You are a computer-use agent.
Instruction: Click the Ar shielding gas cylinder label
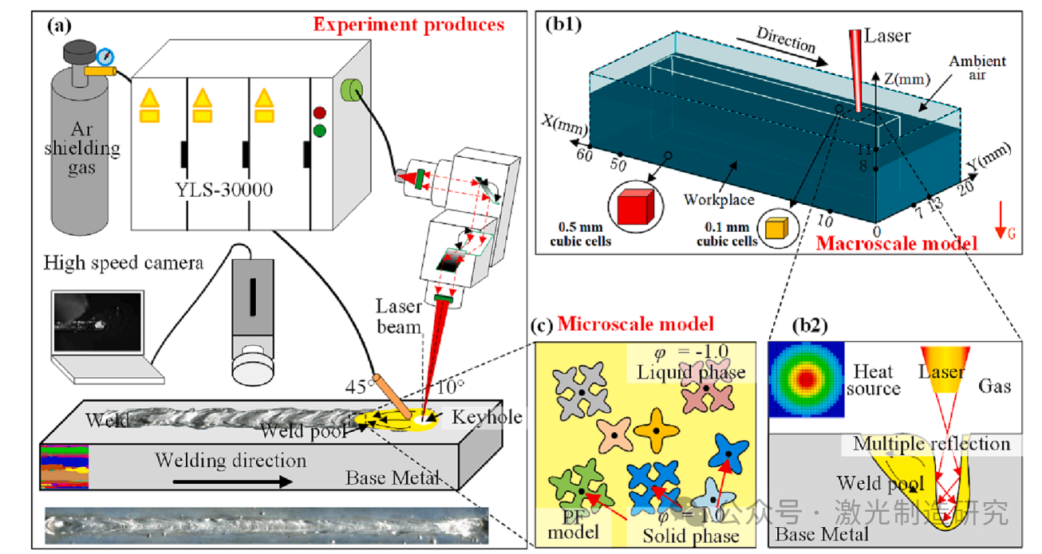[x=82, y=149]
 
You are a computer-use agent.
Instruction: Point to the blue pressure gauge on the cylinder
[x=104, y=57]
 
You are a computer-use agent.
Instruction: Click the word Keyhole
[x=487, y=418]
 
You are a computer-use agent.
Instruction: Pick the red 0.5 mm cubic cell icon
[x=636, y=205]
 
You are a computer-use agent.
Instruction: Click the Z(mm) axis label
[x=906, y=80]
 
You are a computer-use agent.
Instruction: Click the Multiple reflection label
[x=931, y=444]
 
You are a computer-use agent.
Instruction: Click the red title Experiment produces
[x=409, y=24]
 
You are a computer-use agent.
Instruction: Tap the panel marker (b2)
[x=809, y=325]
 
